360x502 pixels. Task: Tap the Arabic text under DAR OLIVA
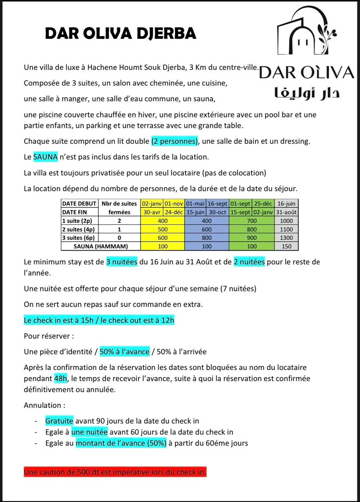pyautogui.click(x=307, y=93)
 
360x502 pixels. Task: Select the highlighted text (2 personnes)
pyautogui.click(x=175, y=142)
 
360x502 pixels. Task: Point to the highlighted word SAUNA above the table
pyautogui.click(x=45, y=157)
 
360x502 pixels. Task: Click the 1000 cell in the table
pyautogui.click(x=286, y=221)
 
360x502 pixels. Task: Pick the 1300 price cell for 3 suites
pyautogui.click(x=286, y=238)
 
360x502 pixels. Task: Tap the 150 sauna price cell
pyautogui.click(x=286, y=246)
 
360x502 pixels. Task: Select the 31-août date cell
pyautogui.click(x=286, y=212)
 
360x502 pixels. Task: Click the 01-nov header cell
pyautogui.click(x=174, y=204)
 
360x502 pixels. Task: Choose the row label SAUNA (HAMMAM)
pyautogui.click(x=101, y=246)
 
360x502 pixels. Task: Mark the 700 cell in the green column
pyautogui.click(x=252, y=221)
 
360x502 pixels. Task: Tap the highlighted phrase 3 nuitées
pyautogui.click(x=122, y=262)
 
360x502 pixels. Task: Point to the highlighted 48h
pyautogui.click(x=61, y=379)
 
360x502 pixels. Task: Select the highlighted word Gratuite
pyautogui.click(x=59, y=421)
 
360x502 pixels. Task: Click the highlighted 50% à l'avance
pyautogui.click(x=125, y=352)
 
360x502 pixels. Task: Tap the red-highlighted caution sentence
pyautogui.click(x=115, y=472)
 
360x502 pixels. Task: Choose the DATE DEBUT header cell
pyautogui.click(x=79, y=204)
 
